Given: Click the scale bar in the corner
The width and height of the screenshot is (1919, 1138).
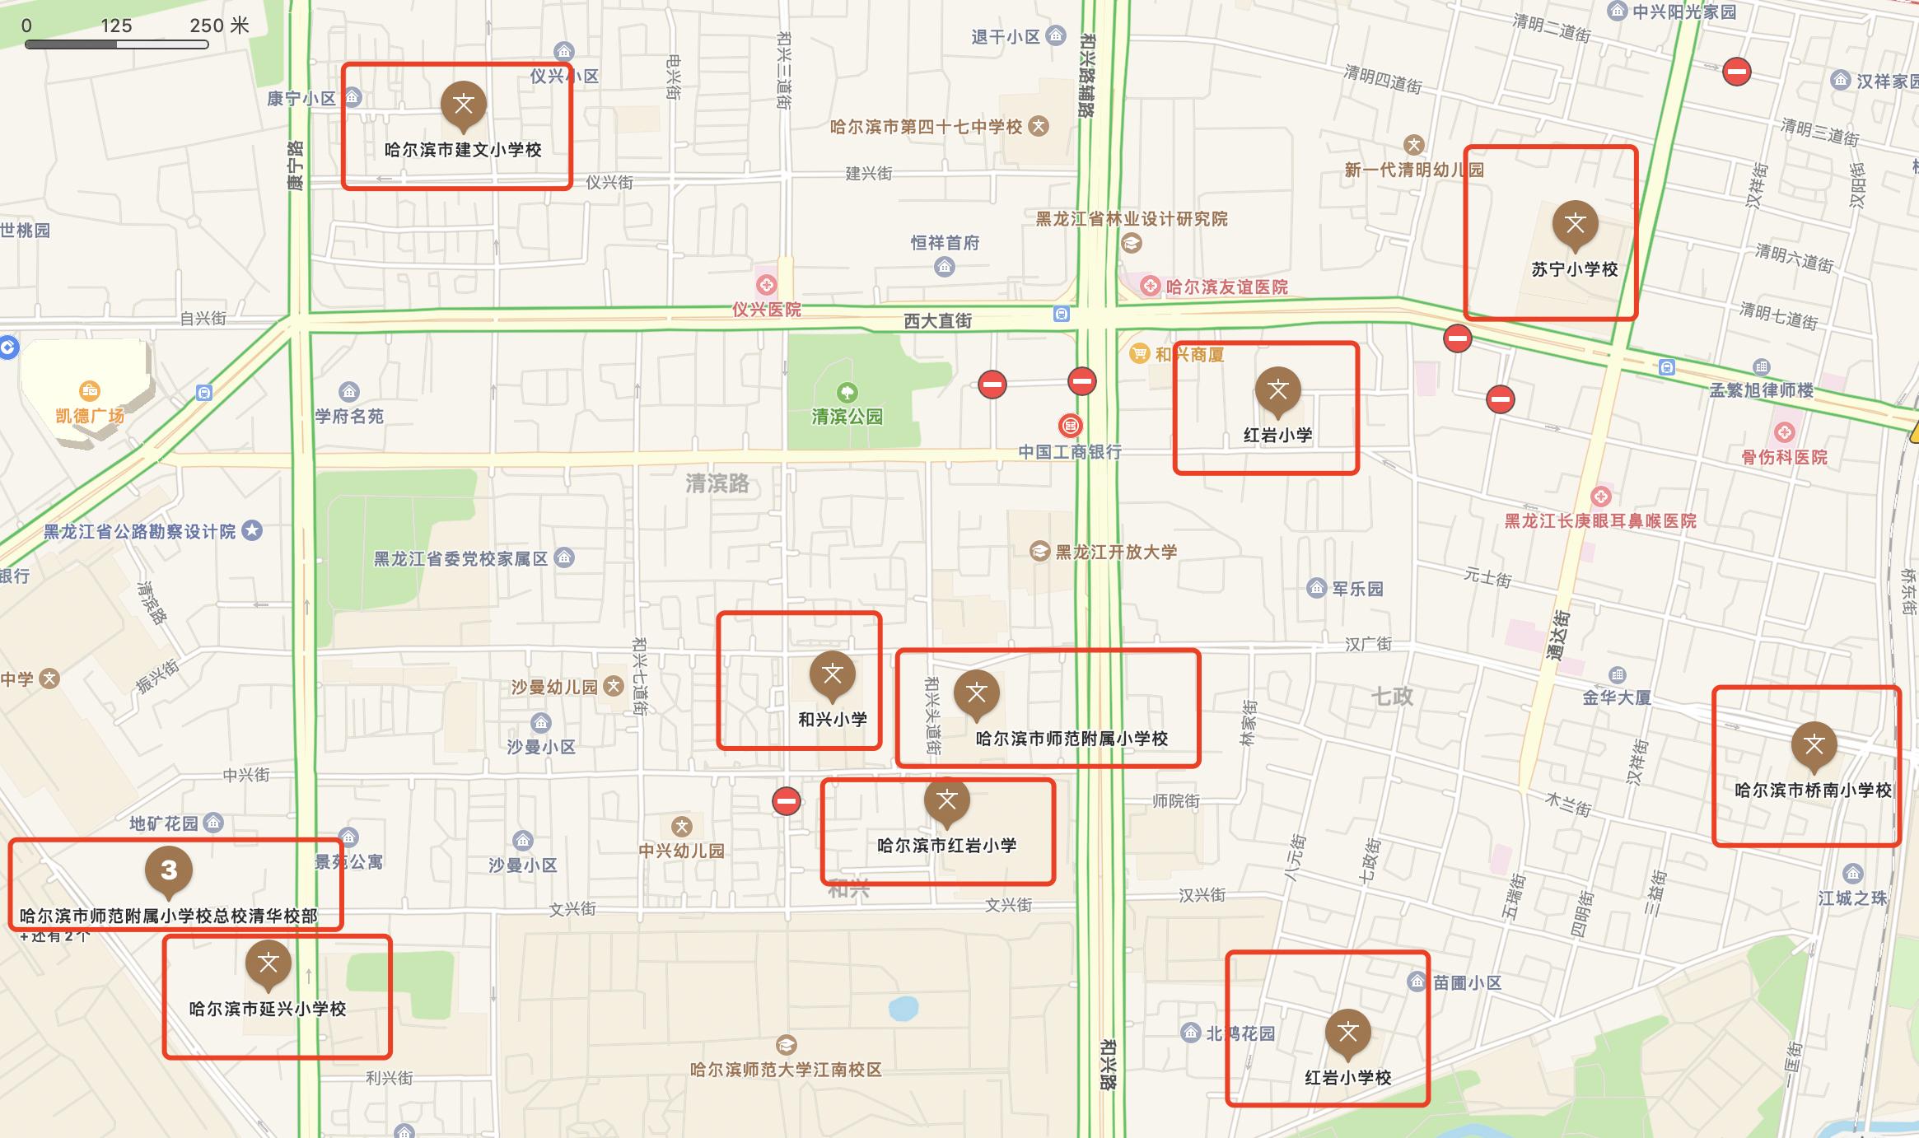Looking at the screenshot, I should pyautogui.click(x=116, y=44).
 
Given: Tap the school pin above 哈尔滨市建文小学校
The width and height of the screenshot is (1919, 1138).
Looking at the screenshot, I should pyautogui.click(x=463, y=105).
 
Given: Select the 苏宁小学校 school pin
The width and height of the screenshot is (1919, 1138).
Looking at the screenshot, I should pyautogui.click(x=1575, y=224).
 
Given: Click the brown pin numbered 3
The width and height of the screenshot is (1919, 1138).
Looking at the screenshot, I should pyautogui.click(x=169, y=870).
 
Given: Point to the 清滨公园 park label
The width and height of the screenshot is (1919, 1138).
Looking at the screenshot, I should pyautogui.click(x=847, y=417).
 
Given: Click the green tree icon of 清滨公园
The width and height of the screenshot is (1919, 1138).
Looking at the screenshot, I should pyautogui.click(x=847, y=392).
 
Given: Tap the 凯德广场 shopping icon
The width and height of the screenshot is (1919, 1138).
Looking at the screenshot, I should pyautogui.click(x=89, y=390).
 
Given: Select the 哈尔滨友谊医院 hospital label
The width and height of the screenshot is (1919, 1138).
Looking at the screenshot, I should pyautogui.click(x=1226, y=287).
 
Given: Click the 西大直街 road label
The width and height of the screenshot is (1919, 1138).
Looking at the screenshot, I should pyautogui.click(x=937, y=321).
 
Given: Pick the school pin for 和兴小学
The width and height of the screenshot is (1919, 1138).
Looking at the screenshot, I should pyautogui.click(x=832, y=674).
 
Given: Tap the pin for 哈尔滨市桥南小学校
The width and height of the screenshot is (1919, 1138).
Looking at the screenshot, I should pyautogui.click(x=1814, y=745).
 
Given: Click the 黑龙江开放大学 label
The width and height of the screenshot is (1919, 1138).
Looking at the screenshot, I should pyautogui.click(x=1116, y=552).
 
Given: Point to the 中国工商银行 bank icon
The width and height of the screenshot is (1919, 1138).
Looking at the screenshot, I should pyautogui.click(x=1070, y=426).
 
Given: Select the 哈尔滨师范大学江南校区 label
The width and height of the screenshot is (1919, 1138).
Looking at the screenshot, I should pyautogui.click(x=786, y=1070).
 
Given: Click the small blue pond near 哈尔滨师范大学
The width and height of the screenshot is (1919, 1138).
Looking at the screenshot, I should pyautogui.click(x=903, y=1008).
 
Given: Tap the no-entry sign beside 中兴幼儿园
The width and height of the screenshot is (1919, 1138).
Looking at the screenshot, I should pyautogui.click(x=786, y=800).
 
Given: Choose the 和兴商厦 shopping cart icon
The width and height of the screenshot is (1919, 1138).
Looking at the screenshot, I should pyautogui.click(x=1139, y=354).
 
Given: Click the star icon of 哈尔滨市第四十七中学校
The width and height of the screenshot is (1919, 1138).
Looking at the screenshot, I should pyautogui.click(x=1039, y=127).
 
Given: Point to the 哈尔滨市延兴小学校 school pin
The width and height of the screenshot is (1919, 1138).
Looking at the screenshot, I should pyautogui.click(x=268, y=963).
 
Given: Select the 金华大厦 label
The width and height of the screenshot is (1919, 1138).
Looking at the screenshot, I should pyautogui.click(x=1616, y=697).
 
